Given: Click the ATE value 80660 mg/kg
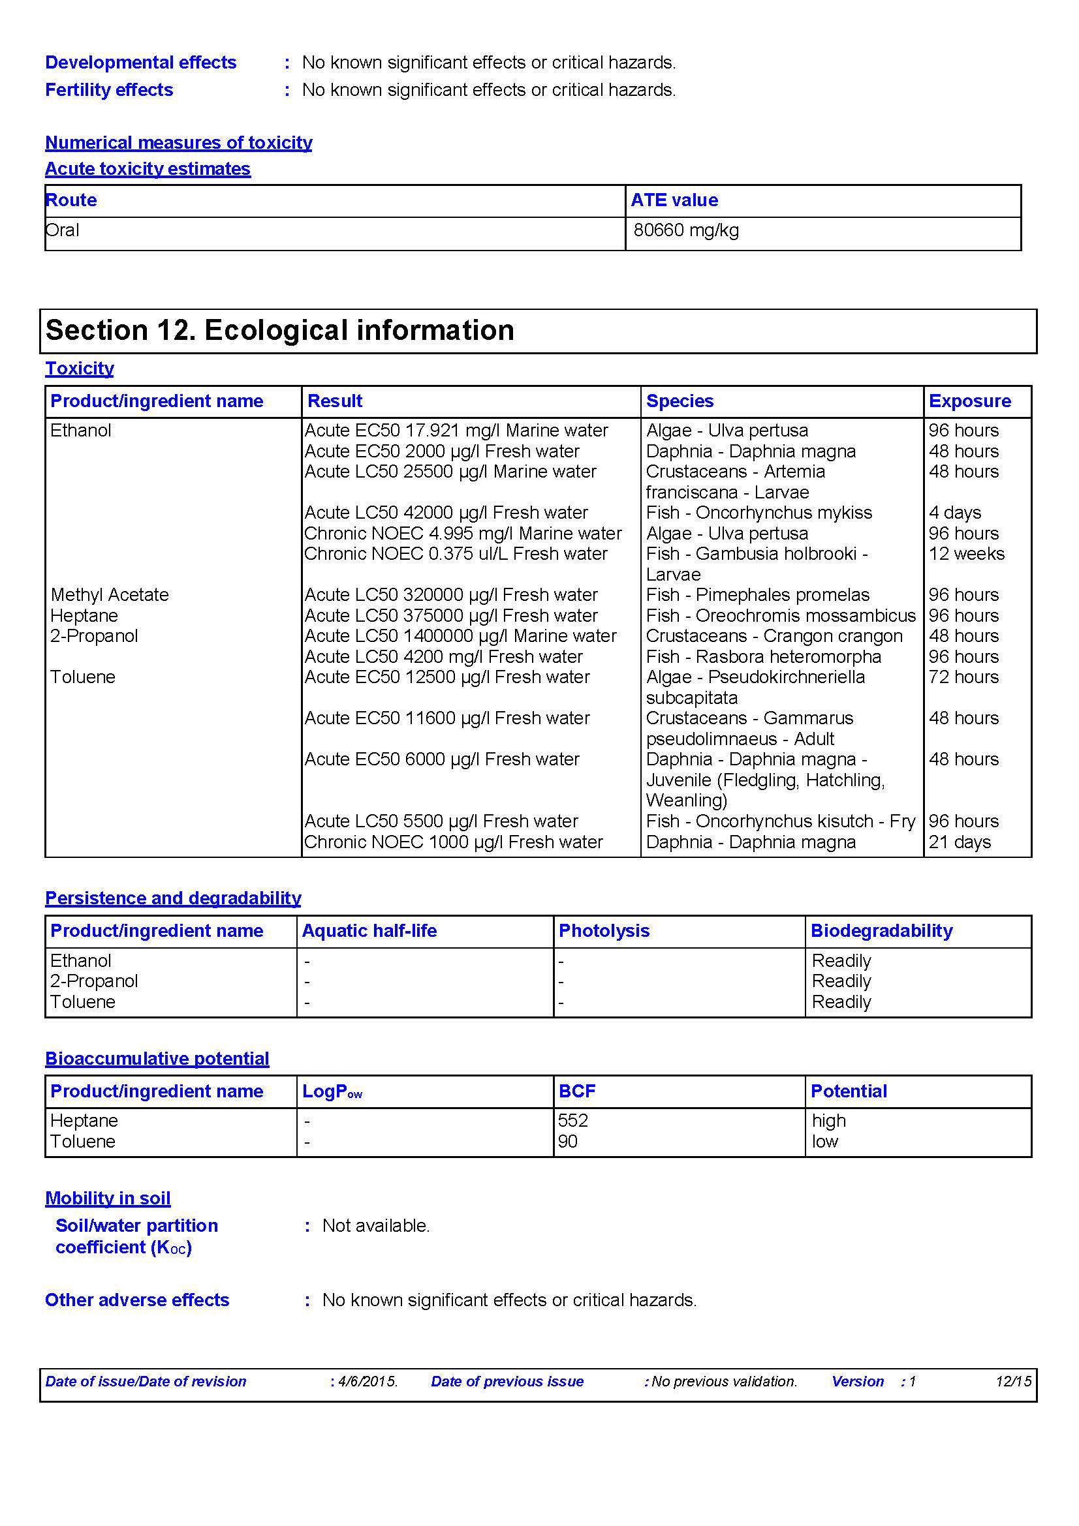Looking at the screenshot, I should click(685, 230).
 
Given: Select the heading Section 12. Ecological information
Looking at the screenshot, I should click(279, 330).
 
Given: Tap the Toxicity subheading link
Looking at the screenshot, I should click(79, 368).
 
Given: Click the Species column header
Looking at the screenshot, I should click(680, 401).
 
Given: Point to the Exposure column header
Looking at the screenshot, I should click(969, 401).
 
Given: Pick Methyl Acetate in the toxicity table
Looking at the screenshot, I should click(110, 595).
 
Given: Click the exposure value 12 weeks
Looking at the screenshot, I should click(966, 554).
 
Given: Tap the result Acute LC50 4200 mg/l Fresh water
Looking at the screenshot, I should click(443, 657).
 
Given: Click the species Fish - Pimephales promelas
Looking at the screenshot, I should click(757, 595).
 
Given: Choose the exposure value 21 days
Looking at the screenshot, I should click(960, 842).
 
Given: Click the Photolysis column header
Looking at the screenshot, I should click(604, 930).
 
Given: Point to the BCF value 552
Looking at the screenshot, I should click(573, 1121).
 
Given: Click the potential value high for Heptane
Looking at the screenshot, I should click(828, 1121).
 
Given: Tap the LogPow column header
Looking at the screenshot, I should click(332, 1091).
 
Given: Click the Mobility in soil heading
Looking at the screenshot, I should click(108, 1198).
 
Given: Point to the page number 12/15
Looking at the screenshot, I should click(1012, 1381).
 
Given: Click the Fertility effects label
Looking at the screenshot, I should click(109, 90).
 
